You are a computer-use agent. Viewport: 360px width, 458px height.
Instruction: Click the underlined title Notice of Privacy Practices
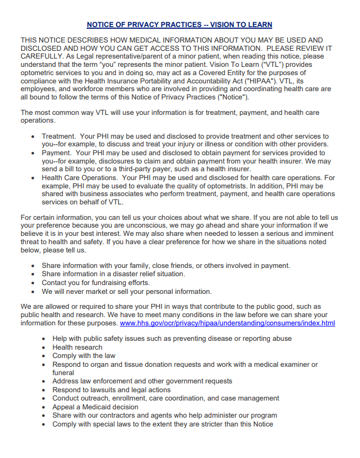click(x=179, y=25)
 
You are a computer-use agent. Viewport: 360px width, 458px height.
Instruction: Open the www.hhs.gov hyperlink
click(x=227, y=323)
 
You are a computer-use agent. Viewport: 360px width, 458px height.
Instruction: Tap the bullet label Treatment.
click(x=58, y=136)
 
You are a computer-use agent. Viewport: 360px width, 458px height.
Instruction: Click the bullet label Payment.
click(x=57, y=152)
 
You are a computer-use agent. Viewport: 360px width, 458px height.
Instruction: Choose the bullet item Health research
click(x=77, y=348)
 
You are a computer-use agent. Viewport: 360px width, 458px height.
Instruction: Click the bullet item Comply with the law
click(x=84, y=356)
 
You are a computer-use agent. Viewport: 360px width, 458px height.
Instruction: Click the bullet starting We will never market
click(x=126, y=291)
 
